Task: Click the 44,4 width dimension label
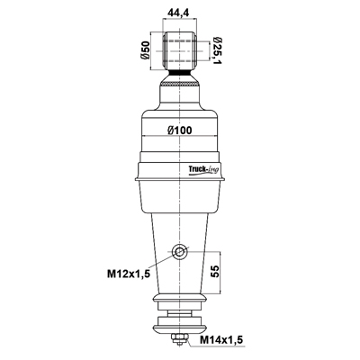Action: pyautogui.click(x=180, y=13)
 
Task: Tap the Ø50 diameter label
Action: pyautogui.click(x=145, y=50)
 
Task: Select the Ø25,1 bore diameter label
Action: pyautogui.click(x=217, y=50)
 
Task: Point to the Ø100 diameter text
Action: pyautogui.click(x=180, y=130)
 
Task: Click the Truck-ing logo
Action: pyautogui.click(x=203, y=169)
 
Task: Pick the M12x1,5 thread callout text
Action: pyautogui.click(x=129, y=274)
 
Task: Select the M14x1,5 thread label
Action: pyautogui.click(x=221, y=340)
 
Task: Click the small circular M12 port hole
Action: pyautogui.click(x=179, y=251)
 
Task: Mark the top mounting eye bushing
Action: pyautogui.click(x=180, y=50)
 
